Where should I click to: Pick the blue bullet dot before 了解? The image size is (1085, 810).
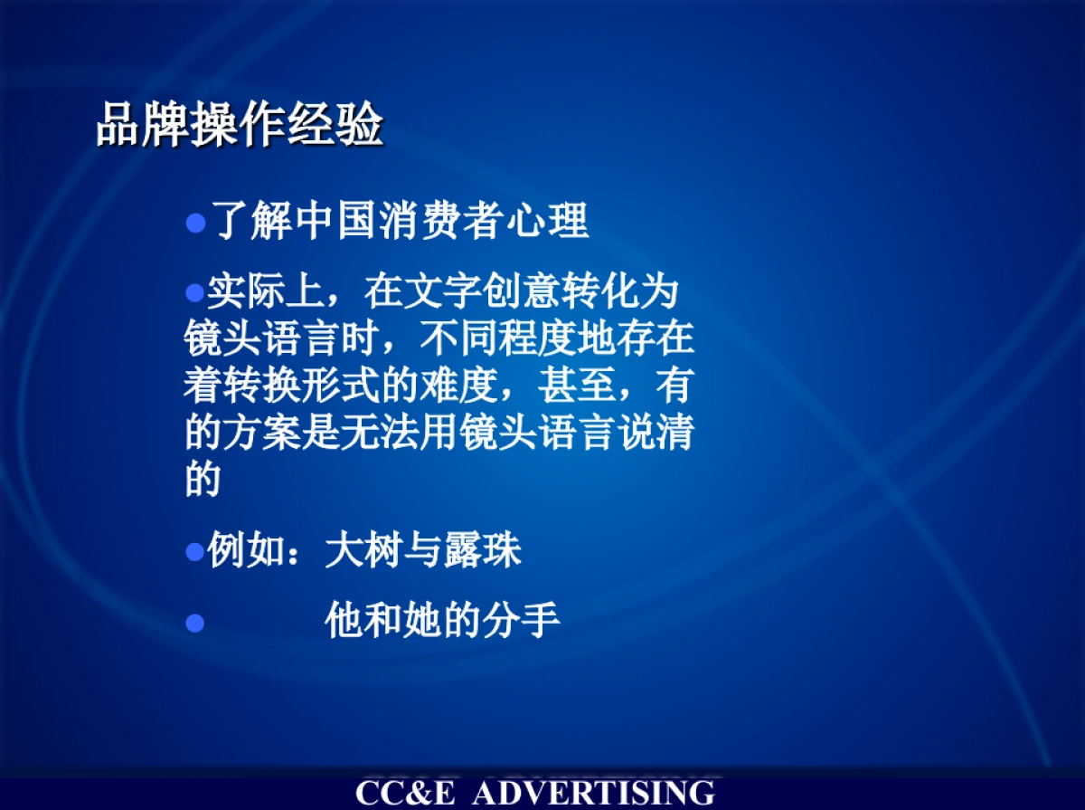(196, 224)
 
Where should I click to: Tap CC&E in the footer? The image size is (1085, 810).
(406, 794)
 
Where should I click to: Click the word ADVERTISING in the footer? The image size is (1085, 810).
(594, 794)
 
